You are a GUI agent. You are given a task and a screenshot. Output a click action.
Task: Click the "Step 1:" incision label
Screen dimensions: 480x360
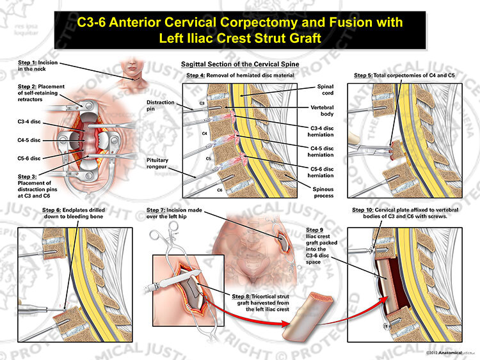pyautogui.click(x=38, y=65)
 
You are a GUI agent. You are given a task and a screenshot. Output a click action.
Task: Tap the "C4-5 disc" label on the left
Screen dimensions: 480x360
pyautogui.click(x=29, y=140)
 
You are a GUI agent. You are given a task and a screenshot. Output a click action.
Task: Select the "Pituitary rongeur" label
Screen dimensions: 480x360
pyautogui.click(x=157, y=163)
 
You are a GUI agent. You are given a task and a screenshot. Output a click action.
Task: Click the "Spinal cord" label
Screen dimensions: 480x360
pyautogui.click(x=325, y=90)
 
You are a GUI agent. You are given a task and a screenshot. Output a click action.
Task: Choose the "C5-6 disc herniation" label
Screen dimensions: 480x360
pyautogui.click(x=321, y=172)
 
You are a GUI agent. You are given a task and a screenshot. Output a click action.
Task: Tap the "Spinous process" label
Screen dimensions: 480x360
pyautogui.click(x=323, y=192)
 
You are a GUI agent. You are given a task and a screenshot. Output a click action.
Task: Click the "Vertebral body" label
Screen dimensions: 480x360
pyautogui.click(x=323, y=111)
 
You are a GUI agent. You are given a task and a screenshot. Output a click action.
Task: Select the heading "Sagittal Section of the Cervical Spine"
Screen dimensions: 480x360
pyautogui.click(x=240, y=64)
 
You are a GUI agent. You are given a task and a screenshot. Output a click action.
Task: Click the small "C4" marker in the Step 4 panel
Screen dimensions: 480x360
pyautogui.click(x=205, y=134)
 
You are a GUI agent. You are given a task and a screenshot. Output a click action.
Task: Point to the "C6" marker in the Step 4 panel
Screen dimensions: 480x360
pyautogui.click(x=220, y=191)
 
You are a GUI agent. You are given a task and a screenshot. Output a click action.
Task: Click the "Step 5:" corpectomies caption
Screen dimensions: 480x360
pyautogui.click(x=404, y=75)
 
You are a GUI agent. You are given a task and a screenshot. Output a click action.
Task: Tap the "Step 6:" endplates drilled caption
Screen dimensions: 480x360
pyautogui.click(x=74, y=213)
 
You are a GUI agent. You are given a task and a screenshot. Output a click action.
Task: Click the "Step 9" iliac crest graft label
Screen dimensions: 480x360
pyautogui.click(x=322, y=246)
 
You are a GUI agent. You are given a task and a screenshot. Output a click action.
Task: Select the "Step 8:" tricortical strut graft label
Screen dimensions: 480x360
pyautogui.click(x=260, y=303)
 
